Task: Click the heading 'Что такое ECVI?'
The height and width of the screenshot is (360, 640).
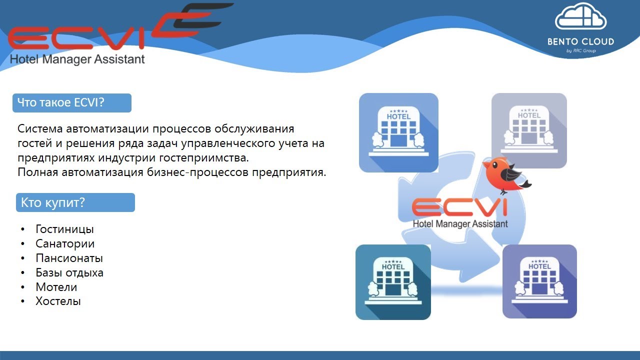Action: click(x=61, y=103)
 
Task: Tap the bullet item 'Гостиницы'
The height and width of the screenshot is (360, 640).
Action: click(x=64, y=229)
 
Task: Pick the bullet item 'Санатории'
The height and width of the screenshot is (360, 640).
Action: click(x=65, y=244)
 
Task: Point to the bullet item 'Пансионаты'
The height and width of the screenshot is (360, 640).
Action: click(x=69, y=258)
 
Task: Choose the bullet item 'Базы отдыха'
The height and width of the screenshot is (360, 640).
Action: click(x=69, y=273)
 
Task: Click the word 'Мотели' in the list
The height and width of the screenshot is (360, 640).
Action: click(x=56, y=287)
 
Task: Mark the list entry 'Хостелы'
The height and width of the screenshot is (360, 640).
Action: click(x=58, y=301)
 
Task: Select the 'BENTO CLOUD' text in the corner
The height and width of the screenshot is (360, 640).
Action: click(x=580, y=42)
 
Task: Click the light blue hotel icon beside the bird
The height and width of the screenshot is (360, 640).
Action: click(x=398, y=132)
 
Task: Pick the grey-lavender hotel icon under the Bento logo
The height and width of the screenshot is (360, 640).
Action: click(x=529, y=130)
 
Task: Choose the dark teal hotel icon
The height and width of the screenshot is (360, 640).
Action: click(x=393, y=282)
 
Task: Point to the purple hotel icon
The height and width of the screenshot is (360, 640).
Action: click(x=539, y=281)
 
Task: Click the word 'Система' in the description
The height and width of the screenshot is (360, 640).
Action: click(x=39, y=129)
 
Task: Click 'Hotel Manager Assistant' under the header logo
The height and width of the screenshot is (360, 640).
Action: click(x=77, y=59)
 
